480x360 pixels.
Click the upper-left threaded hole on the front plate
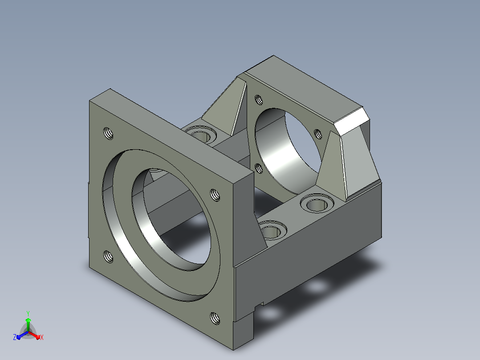point(108,134)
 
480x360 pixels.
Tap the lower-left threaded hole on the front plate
point(108,257)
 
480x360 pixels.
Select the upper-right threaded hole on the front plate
point(215,195)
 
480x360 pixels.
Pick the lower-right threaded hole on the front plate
point(215,319)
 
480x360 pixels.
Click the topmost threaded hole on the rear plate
point(259,99)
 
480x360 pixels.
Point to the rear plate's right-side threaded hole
point(318,134)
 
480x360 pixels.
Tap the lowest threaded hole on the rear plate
point(259,168)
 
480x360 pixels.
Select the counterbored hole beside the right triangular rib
point(317,203)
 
